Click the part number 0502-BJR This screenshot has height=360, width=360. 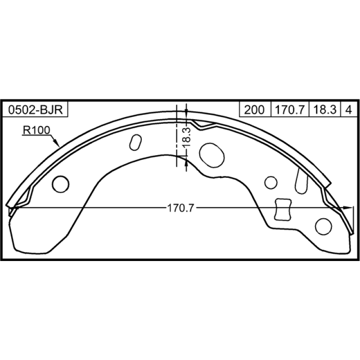(36, 109)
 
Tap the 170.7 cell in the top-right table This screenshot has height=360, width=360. (290, 109)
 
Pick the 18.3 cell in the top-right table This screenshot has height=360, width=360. (324, 109)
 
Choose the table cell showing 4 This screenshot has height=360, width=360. (349, 109)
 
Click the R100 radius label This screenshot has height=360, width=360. (36, 130)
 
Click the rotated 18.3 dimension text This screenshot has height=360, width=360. (187, 137)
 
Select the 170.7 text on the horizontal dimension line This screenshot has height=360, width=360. (181, 208)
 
